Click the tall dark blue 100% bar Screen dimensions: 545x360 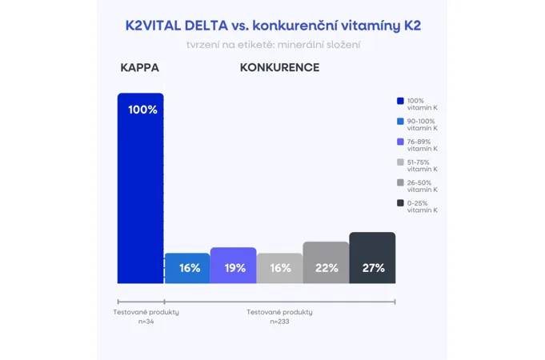click(140, 188)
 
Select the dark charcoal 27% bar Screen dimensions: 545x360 click(372, 258)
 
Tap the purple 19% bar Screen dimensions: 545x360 click(233, 266)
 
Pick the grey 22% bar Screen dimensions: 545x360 click(326, 262)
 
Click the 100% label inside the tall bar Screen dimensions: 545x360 click(143, 110)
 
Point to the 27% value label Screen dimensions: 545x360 click(374, 268)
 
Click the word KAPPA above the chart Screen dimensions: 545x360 click(140, 67)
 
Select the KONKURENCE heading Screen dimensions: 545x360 click(279, 67)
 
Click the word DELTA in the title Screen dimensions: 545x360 click(206, 26)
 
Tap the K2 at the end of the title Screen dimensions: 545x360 click(412, 26)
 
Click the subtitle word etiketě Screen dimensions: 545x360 click(255, 45)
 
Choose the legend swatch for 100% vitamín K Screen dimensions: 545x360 click(400, 101)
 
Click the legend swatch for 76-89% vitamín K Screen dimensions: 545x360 click(400, 142)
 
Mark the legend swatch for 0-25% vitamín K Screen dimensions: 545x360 click(400, 203)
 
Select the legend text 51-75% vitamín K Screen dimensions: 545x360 click(423, 166)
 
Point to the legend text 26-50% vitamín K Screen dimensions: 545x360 click(423, 186)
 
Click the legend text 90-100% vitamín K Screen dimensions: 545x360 click(423, 125)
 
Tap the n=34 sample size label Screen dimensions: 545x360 click(146, 322)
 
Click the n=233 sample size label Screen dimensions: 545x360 click(279, 322)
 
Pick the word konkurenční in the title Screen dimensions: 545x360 click(295, 26)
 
